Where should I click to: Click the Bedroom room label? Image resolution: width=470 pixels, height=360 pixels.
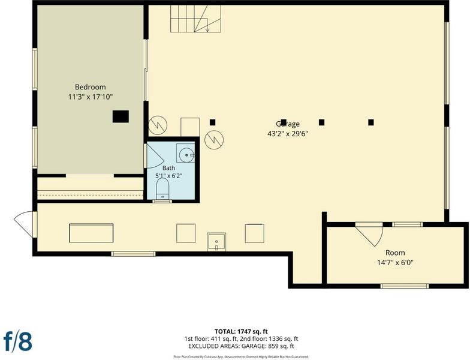click(x=90, y=87)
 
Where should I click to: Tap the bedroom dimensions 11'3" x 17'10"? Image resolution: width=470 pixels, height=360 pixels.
click(x=90, y=97)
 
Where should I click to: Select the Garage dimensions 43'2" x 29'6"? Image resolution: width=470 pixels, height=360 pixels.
click(x=288, y=133)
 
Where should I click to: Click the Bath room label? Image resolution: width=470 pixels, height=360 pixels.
click(x=169, y=168)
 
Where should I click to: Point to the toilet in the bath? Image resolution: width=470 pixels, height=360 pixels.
click(x=163, y=189)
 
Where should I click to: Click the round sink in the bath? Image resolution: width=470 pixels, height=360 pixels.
click(x=187, y=155)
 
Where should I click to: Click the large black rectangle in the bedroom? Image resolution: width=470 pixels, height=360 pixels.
click(x=121, y=116)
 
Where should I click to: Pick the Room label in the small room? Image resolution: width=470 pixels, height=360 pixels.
click(x=395, y=253)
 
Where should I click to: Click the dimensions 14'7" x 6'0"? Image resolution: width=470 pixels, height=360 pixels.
click(x=395, y=263)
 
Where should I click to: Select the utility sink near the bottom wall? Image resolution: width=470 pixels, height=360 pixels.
click(x=216, y=241)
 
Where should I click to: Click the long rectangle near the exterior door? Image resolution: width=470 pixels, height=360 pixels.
click(x=91, y=233)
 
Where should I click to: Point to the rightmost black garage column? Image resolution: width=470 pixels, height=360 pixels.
click(x=371, y=122)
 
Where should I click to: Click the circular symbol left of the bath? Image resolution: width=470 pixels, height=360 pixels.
click(x=158, y=125)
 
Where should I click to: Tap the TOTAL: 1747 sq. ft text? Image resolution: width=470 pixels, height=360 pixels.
click(x=241, y=331)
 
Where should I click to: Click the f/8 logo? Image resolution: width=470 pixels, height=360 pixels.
click(x=18, y=341)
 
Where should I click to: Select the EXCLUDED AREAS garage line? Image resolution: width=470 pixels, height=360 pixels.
click(x=241, y=346)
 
